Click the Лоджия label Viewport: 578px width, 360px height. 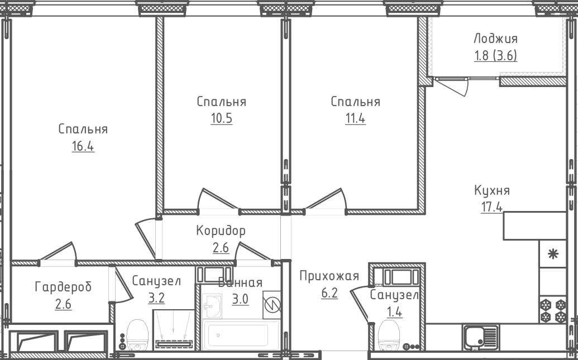click(x=495, y=39)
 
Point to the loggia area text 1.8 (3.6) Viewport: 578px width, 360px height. click(x=495, y=56)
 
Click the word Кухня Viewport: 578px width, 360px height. click(x=492, y=190)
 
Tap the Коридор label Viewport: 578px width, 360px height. click(x=221, y=231)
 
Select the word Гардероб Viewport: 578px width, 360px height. click(x=63, y=287)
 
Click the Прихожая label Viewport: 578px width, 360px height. click(x=328, y=276)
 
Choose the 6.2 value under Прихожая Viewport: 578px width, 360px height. click(x=329, y=293)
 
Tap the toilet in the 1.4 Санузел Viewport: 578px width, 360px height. click(x=389, y=335)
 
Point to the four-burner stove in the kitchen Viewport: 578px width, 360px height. click(x=552, y=311)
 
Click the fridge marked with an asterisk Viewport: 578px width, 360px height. click(x=553, y=255)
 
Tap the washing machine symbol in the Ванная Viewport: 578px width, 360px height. click(x=272, y=305)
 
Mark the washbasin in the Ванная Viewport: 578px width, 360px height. click(x=212, y=305)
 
